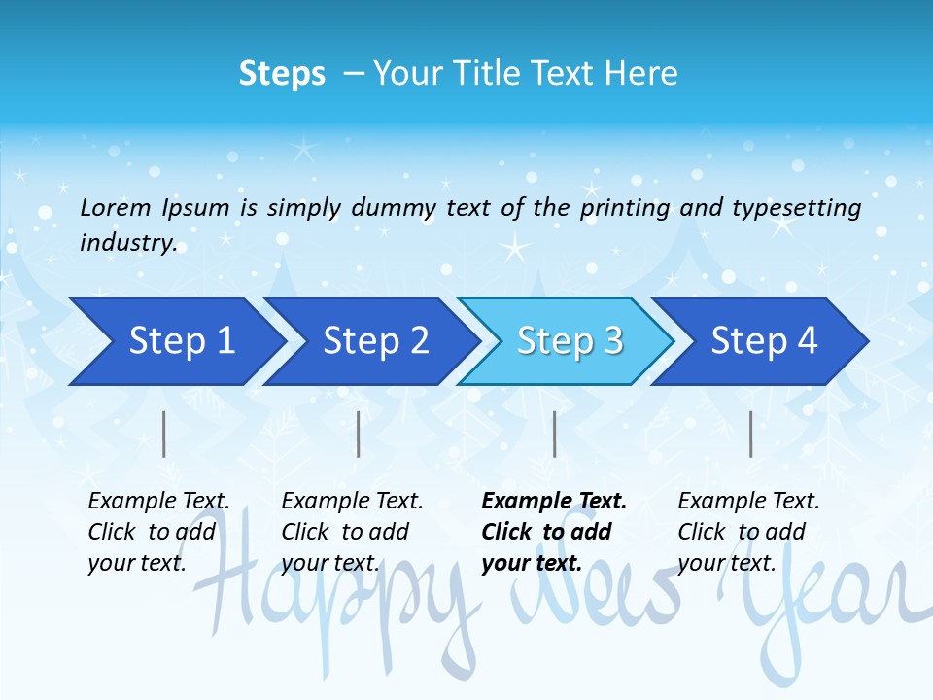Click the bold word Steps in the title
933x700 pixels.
tap(282, 74)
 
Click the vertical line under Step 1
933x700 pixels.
tap(164, 434)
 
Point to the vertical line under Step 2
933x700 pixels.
tap(359, 434)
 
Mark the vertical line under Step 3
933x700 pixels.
tap(554, 434)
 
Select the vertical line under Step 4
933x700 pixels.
tap(750, 434)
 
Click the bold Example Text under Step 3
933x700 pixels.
tap(554, 502)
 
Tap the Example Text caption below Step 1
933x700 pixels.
tap(158, 502)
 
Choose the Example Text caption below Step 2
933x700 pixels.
tap(352, 502)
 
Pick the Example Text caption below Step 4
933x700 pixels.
tap(748, 502)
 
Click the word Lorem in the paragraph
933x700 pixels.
tap(116, 208)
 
